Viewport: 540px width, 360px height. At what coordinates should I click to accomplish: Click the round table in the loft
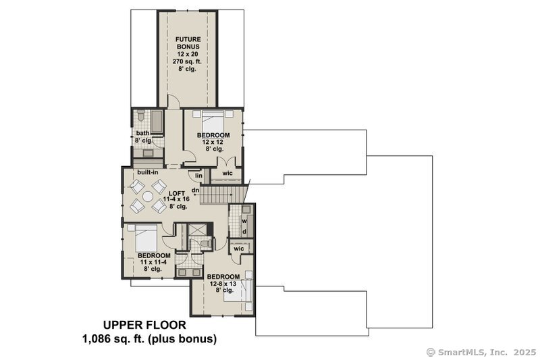(x=148, y=197)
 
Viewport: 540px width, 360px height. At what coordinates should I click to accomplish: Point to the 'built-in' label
(x=148, y=173)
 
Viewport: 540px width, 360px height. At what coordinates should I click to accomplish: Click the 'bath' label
(x=142, y=133)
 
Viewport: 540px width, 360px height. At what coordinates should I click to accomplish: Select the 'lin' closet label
(x=199, y=176)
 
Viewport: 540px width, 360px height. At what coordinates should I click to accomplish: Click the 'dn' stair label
(x=196, y=190)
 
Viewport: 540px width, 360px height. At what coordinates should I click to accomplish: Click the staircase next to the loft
(x=222, y=195)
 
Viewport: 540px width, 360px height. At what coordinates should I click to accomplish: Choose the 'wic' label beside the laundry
(x=238, y=249)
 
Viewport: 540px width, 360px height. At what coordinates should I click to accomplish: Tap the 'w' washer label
(x=244, y=220)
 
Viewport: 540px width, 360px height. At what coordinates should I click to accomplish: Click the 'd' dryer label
(x=244, y=232)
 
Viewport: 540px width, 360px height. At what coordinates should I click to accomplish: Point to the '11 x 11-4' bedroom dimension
(x=154, y=262)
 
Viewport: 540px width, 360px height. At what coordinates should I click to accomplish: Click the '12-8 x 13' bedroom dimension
(x=223, y=284)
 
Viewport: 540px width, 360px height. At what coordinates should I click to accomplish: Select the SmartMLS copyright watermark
(x=481, y=352)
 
